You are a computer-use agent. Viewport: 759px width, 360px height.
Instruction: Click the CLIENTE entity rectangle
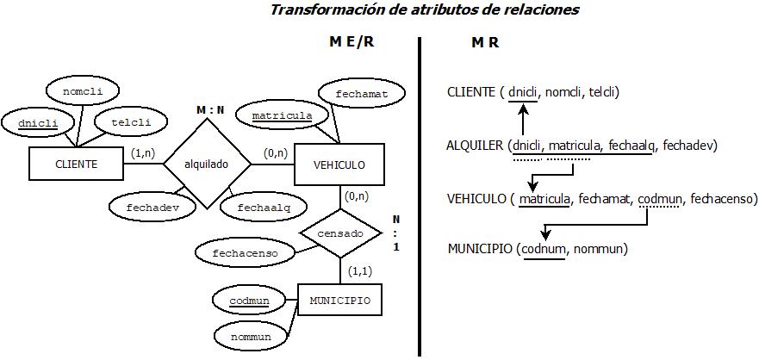click(x=78, y=164)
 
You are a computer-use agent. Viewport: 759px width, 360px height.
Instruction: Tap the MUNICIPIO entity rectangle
click(x=339, y=301)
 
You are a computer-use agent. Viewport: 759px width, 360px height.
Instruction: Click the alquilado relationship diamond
click(x=207, y=164)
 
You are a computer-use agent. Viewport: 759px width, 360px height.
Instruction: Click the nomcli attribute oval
click(x=82, y=90)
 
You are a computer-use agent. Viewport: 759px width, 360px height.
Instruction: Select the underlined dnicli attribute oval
click(x=37, y=123)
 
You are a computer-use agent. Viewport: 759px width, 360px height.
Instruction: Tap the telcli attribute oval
click(x=130, y=122)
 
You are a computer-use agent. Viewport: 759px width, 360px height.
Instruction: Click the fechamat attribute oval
click(x=357, y=92)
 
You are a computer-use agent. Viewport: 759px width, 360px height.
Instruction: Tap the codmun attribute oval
click(x=249, y=301)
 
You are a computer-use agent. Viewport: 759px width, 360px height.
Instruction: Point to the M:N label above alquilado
click(x=209, y=110)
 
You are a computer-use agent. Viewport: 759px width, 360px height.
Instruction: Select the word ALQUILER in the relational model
click(x=476, y=145)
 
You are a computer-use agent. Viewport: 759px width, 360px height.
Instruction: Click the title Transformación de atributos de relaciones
click(x=425, y=10)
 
